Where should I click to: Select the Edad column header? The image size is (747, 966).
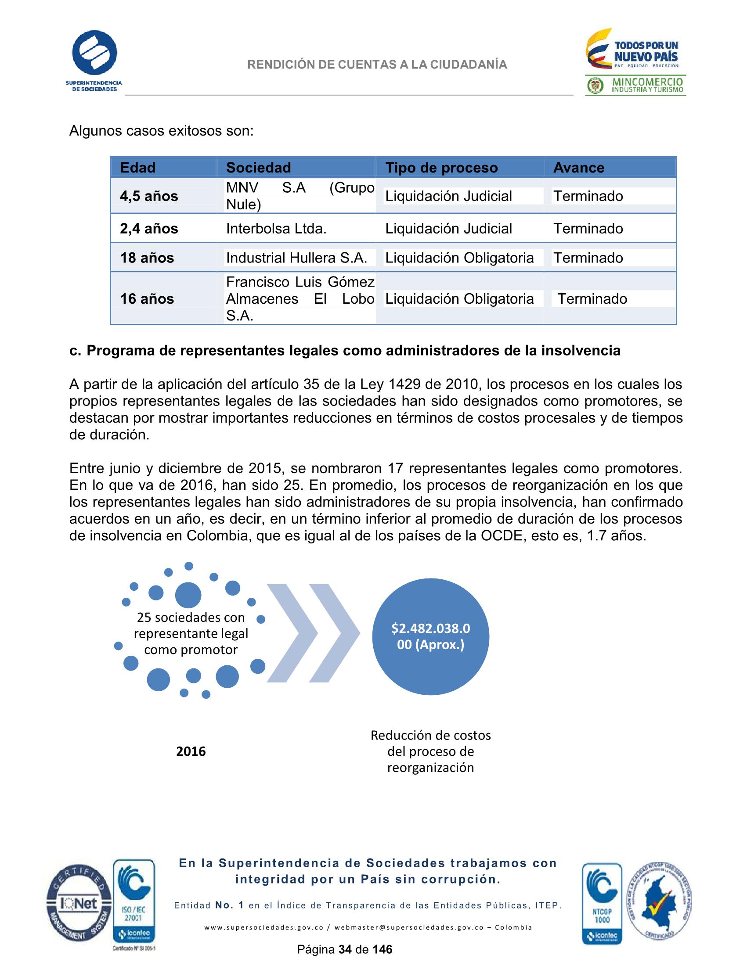[137, 168]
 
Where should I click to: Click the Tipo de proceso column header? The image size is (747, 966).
[441, 168]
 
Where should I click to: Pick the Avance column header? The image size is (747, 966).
[578, 168]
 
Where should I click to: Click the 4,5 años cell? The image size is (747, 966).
[149, 196]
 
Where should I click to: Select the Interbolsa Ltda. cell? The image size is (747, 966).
[276, 228]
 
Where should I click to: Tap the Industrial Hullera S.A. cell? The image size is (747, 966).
[296, 258]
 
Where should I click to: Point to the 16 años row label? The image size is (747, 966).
[147, 298]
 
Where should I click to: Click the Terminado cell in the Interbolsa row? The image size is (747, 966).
[588, 228]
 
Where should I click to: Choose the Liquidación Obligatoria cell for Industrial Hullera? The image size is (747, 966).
[459, 258]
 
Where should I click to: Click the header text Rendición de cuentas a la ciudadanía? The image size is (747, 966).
[377, 65]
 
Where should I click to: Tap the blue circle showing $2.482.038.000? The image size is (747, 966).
[430, 636]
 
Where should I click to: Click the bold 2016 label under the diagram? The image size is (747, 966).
[191, 751]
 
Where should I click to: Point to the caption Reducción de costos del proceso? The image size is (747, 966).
[430, 751]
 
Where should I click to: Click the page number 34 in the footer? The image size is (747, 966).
[344, 949]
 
